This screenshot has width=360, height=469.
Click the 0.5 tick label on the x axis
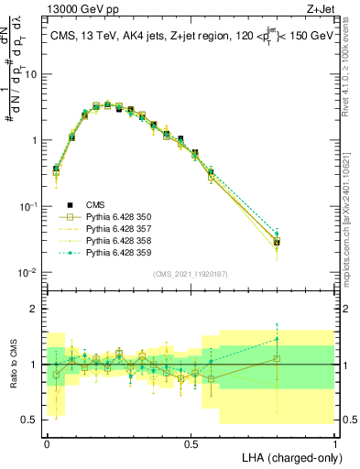coord(191,442)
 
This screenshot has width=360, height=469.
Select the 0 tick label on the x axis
coord(47,442)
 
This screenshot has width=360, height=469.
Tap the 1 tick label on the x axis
coord(334,442)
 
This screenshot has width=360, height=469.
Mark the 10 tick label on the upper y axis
coord(32,75)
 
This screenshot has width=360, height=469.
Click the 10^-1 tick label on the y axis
coord(30,207)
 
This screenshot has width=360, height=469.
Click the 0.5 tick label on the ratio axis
coord(32,420)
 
